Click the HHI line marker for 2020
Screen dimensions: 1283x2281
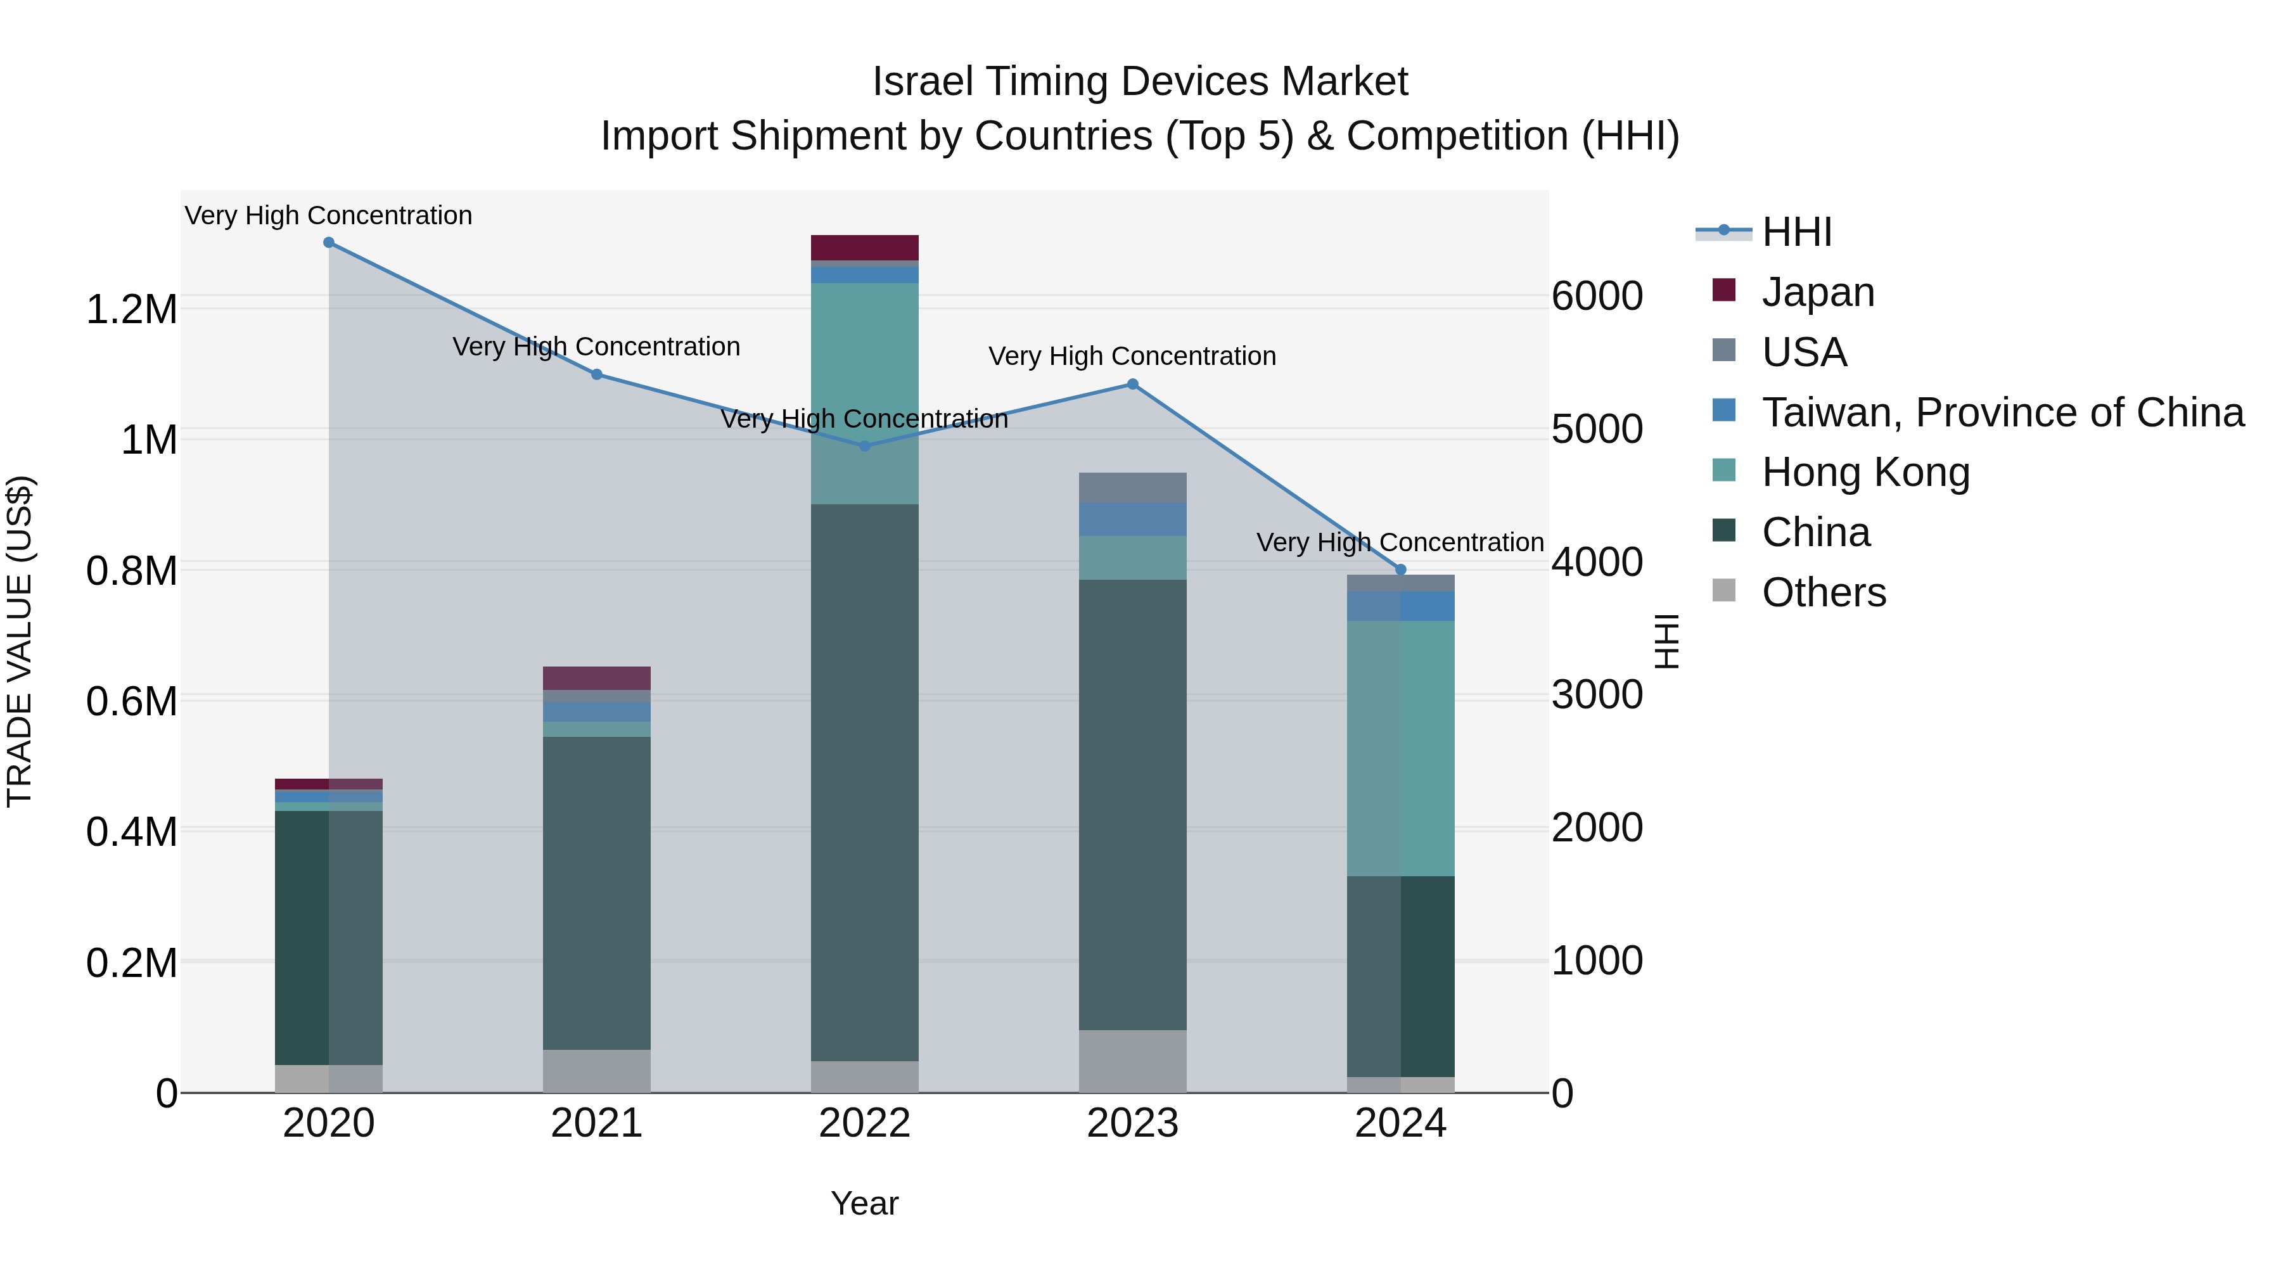pyautogui.click(x=328, y=243)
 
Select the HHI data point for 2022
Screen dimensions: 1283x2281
pyautogui.click(x=865, y=446)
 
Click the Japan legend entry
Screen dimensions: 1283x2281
pyautogui.click(x=1817, y=292)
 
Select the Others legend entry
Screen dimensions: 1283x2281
pyautogui.click(x=1823, y=592)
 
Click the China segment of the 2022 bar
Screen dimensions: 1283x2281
pyautogui.click(x=865, y=779)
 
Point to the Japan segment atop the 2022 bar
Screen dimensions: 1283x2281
pyautogui.click(x=865, y=247)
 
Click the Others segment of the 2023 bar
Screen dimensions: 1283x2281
pyautogui.click(x=1132, y=1061)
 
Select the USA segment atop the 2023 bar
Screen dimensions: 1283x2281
pyautogui.click(x=1132, y=488)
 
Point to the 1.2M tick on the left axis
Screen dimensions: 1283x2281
pyautogui.click(x=131, y=310)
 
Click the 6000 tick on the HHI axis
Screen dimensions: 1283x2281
pyautogui.click(x=1597, y=297)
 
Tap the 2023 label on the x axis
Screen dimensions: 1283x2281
pyautogui.click(x=1132, y=1123)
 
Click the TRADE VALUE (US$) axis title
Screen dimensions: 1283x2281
pyautogui.click(x=20, y=641)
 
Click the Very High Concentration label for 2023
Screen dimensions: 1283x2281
pyautogui.click(x=1132, y=356)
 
